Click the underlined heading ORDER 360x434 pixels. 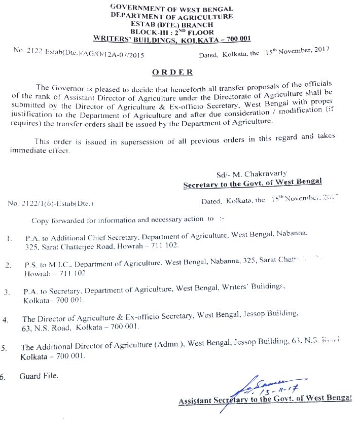pyautogui.click(x=172, y=72)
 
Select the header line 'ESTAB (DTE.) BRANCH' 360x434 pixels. pyautogui.click(x=172, y=24)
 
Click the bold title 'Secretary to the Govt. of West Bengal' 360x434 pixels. pyautogui.click(x=253, y=184)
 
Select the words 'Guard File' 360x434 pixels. pyautogui.click(x=39, y=376)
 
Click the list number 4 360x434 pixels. pyautogui.click(x=6, y=320)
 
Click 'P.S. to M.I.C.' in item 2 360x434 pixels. pyautogui.click(x=47, y=264)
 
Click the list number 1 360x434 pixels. pyautogui.click(x=9, y=237)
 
